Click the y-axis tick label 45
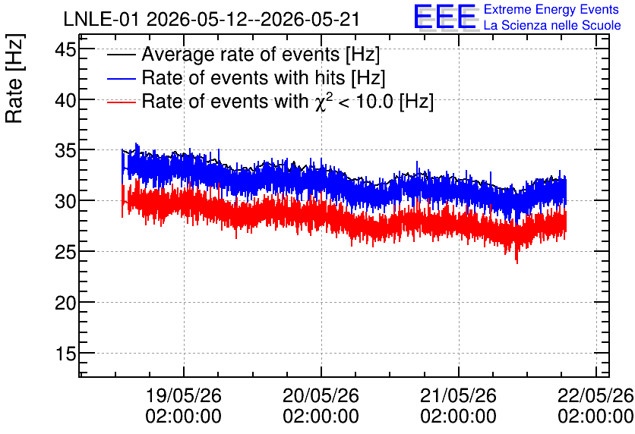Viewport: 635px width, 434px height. point(65,51)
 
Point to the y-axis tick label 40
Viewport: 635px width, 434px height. point(65,100)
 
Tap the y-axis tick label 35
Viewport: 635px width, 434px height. point(65,151)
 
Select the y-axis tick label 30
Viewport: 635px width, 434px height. point(65,201)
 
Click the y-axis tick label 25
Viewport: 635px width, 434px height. point(65,253)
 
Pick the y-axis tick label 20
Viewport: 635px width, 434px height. point(65,303)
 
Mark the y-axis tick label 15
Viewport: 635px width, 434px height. point(65,354)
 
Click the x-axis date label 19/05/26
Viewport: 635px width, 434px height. point(184,395)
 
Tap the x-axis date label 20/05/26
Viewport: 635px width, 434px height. point(321,395)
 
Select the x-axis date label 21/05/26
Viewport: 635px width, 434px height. point(458,395)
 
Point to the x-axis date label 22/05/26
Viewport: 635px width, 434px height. point(596,395)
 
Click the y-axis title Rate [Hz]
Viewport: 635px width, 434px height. point(14,78)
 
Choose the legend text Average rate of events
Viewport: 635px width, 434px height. point(241,54)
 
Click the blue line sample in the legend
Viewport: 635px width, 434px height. point(121,78)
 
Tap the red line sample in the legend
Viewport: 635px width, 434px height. point(121,102)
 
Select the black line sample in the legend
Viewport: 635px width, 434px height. point(121,55)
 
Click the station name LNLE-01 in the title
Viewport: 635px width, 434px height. point(102,19)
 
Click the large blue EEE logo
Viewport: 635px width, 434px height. point(445,17)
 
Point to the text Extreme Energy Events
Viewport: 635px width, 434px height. point(551,9)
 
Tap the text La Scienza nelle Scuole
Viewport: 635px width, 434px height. point(552,25)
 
